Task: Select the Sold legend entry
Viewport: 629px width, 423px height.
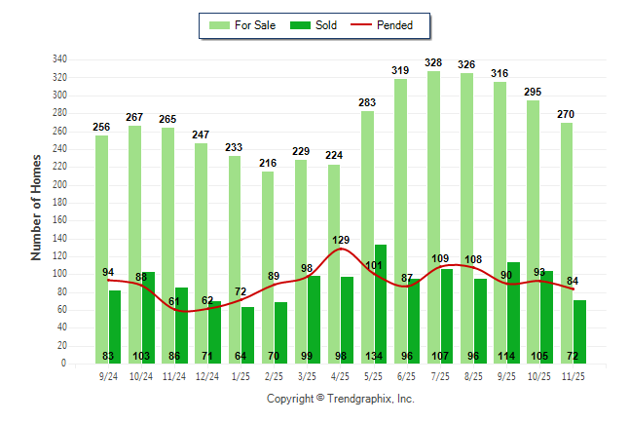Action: point(314,25)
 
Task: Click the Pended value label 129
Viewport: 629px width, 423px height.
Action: point(341,240)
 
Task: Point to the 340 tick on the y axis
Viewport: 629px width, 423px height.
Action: point(60,59)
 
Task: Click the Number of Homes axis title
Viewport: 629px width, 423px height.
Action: point(37,208)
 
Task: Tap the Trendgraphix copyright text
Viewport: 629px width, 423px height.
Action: point(340,399)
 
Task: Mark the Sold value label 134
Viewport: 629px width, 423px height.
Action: point(381,355)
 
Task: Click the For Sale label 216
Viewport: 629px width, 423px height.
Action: point(268,163)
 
